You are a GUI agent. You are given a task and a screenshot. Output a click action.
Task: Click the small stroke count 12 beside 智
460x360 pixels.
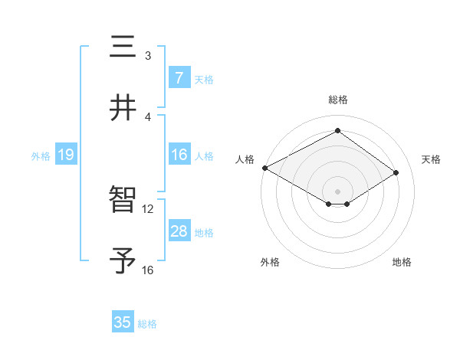[x=148, y=208]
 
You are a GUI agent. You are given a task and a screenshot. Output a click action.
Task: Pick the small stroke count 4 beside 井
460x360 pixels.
[x=148, y=116]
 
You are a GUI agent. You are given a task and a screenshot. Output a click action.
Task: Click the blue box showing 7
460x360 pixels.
[x=179, y=78]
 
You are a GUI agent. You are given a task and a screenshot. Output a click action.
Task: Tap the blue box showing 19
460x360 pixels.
[x=66, y=155]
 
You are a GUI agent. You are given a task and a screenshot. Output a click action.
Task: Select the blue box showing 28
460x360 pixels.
[x=179, y=231]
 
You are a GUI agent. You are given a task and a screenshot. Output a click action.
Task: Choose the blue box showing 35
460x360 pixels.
[x=123, y=322]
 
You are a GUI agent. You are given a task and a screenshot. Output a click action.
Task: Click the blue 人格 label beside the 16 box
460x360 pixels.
[x=204, y=155]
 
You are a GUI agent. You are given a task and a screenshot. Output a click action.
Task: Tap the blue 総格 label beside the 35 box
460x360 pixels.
[x=147, y=324]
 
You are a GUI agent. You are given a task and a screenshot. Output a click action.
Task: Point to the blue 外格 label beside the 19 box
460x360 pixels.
[x=41, y=155]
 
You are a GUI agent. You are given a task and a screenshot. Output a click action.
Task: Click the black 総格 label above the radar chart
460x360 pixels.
[x=337, y=100]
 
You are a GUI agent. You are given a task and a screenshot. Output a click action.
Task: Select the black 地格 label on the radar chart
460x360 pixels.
[x=402, y=262]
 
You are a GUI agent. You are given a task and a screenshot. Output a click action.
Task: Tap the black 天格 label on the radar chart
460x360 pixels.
[x=431, y=159]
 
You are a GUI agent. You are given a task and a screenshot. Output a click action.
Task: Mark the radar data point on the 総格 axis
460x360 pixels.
[x=337, y=130]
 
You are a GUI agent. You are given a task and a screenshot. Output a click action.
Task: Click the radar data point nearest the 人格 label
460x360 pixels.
[x=264, y=168]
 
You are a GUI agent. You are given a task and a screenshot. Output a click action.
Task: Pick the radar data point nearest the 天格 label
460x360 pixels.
[x=396, y=172]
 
